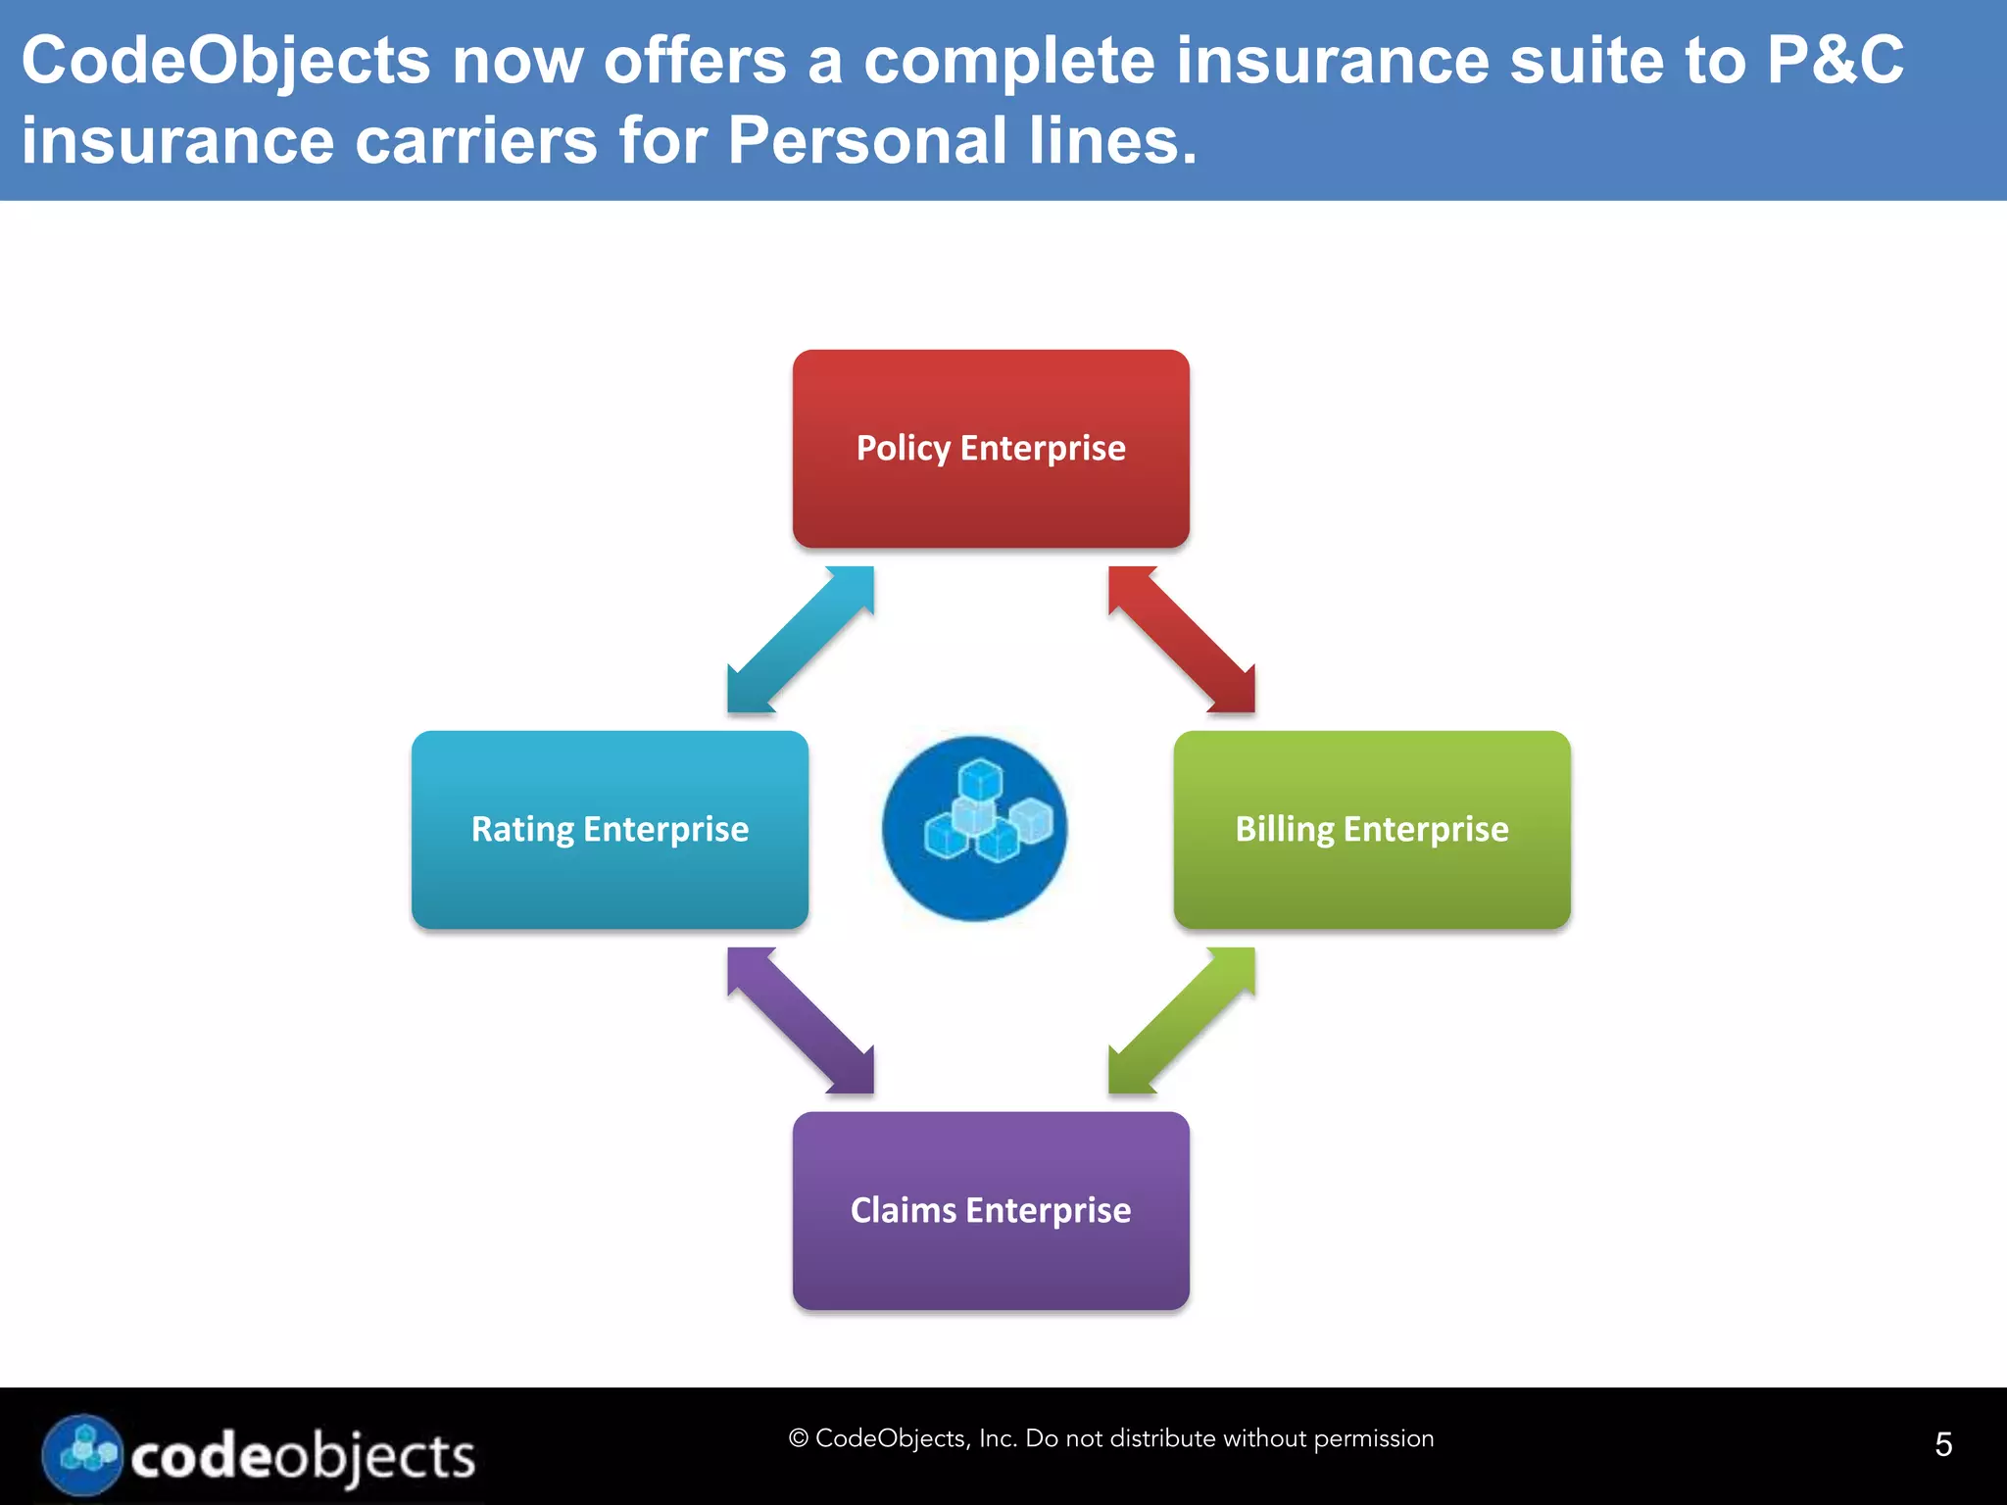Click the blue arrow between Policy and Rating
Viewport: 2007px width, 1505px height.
(801, 639)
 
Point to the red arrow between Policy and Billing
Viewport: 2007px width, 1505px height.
(1182, 639)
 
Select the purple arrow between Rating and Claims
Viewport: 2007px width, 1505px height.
(801, 1020)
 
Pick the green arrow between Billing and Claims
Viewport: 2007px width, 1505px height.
(1182, 1020)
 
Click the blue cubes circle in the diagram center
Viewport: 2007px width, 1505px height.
(974, 829)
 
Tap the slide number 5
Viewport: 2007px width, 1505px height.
(1943, 1444)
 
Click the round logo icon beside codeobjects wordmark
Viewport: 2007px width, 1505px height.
(82, 1455)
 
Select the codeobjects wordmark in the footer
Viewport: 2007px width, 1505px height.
(303, 1457)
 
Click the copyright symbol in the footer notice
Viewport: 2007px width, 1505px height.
(798, 1438)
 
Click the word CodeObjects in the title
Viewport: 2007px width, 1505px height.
(225, 61)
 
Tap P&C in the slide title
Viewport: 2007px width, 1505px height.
(1835, 61)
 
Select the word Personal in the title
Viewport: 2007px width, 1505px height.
(867, 140)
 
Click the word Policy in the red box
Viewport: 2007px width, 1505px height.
(904, 449)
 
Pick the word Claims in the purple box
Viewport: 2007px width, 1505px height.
(903, 1210)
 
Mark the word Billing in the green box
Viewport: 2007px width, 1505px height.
(1284, 830)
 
